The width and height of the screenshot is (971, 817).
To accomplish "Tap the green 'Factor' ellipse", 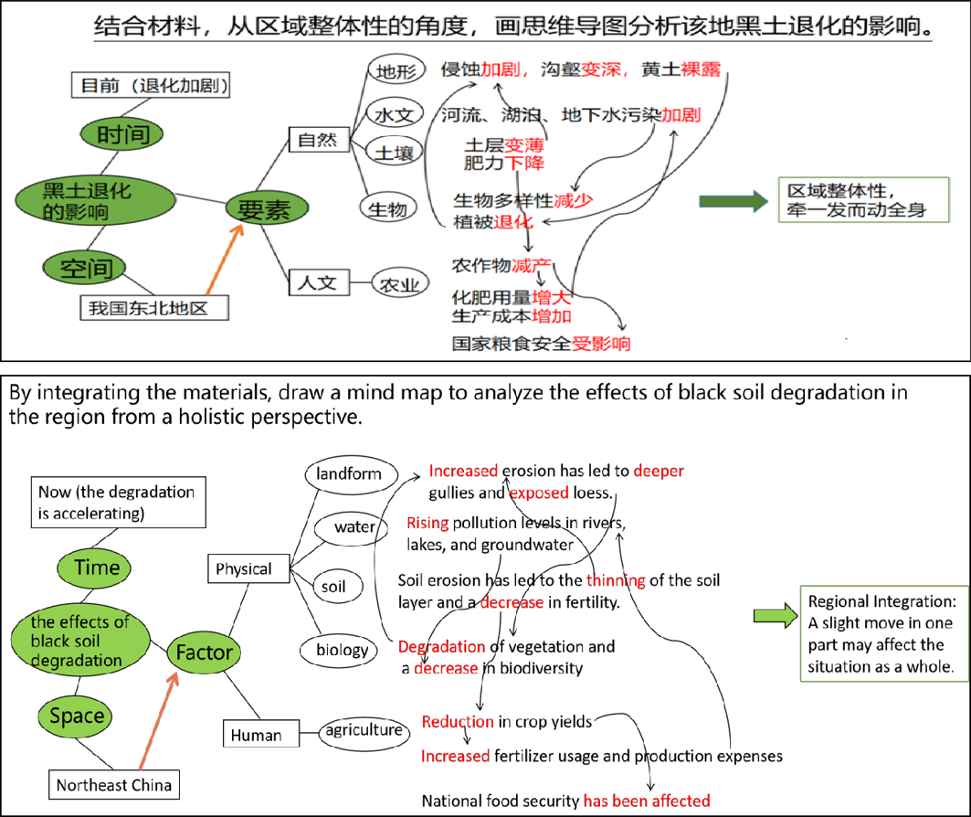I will [x=205, y=653].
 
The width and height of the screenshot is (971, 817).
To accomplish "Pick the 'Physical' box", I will [x=244, y=568].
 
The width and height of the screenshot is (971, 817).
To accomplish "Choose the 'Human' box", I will [x=256, y=734].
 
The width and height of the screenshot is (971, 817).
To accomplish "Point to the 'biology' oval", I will [x=342, y=650].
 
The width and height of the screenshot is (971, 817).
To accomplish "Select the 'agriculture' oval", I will [x=363, y=730].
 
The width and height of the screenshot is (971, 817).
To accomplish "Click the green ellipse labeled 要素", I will [x=264, y=209].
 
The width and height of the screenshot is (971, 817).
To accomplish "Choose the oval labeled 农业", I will [x=399, y=284].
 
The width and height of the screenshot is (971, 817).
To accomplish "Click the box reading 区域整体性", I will [x=856, y=201].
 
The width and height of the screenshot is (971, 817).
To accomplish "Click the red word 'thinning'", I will [x=616, y=580].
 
